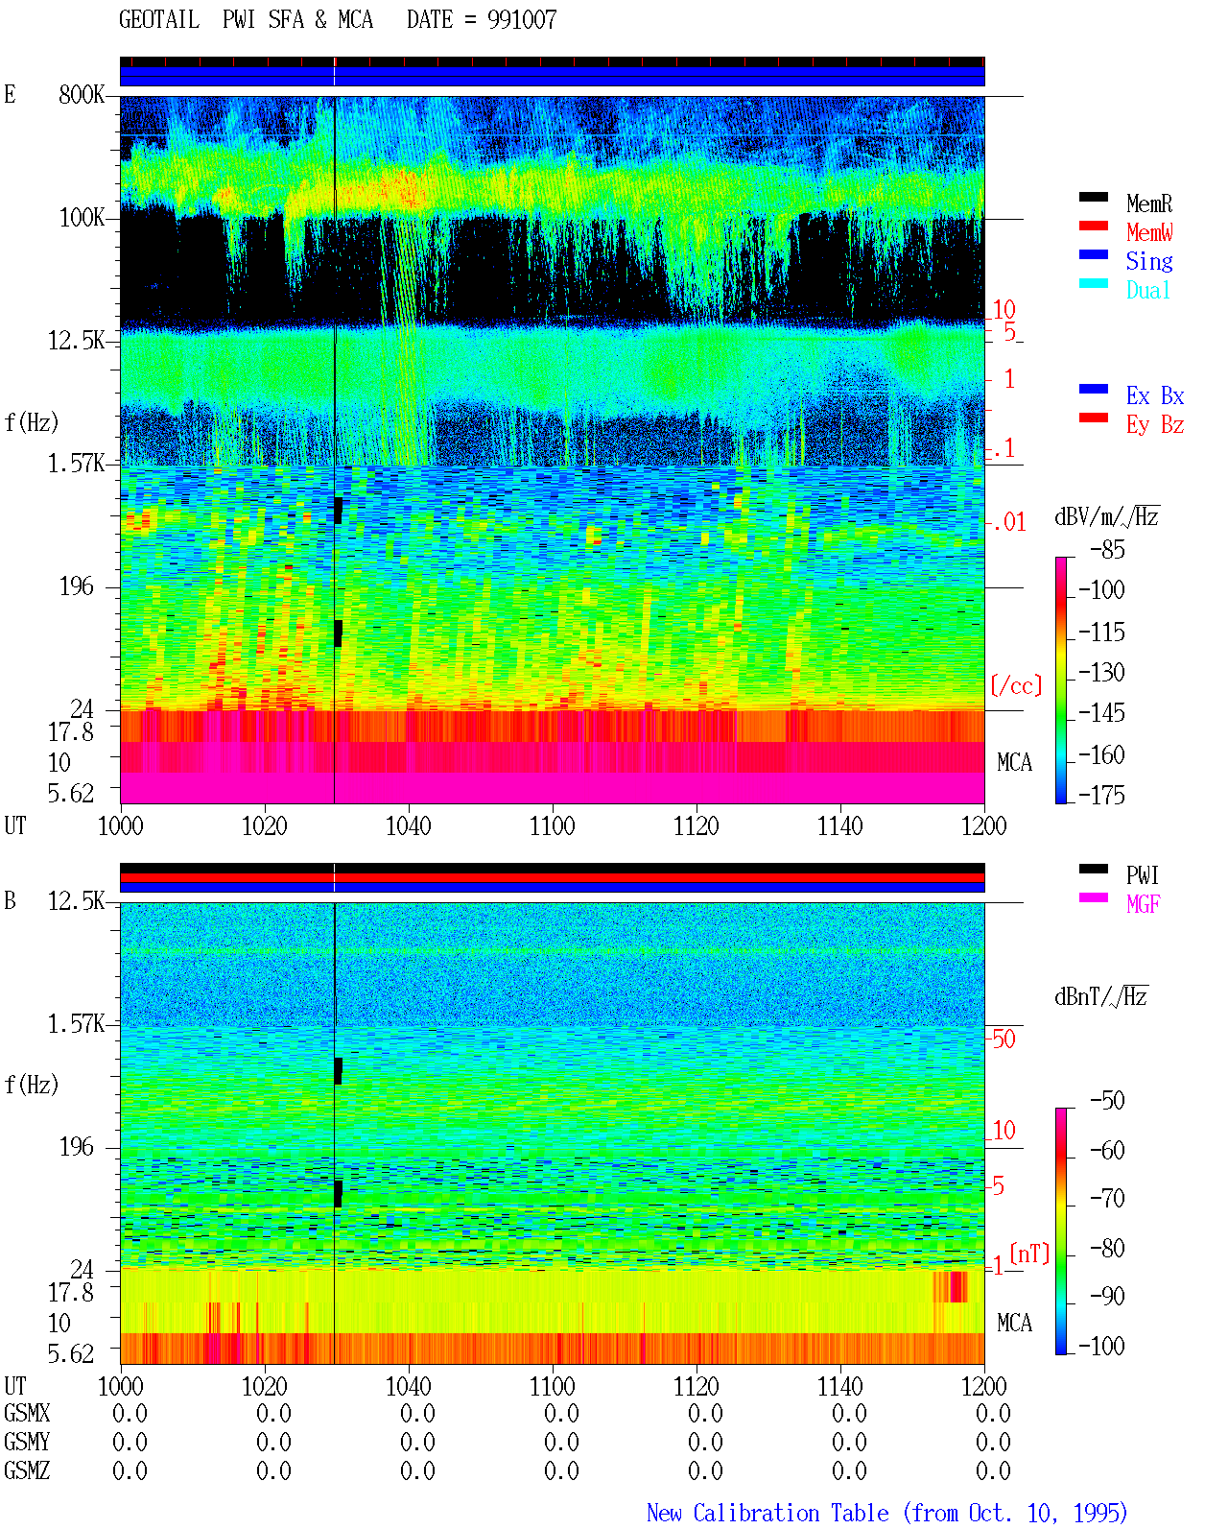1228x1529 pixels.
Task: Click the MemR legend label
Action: click(1148, 203)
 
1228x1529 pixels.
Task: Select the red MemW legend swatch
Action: click(1093, 226)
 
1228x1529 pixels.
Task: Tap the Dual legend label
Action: click(1147, 290)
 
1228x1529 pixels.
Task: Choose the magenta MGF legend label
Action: click(1143, 904)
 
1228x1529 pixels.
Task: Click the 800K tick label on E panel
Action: click(82, 94)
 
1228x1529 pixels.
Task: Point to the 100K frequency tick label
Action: click(82, 218)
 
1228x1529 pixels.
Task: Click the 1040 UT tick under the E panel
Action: click(409, 825)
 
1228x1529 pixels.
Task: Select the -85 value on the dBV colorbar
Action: click(1107, 549)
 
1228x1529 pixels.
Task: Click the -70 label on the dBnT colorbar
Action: click(1107, 1199)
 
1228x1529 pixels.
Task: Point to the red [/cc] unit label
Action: click(1016, 685)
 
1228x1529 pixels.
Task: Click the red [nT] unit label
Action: click(1029, 1253)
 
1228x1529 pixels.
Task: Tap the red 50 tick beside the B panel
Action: click(1004, 1039)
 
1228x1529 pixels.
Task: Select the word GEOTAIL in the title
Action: click(159, 20)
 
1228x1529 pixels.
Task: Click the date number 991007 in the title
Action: click(522, 20)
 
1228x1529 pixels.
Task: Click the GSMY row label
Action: click(27, 1442)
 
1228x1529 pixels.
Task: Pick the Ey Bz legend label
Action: click(1155, 425)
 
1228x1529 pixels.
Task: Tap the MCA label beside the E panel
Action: click(1014, 762)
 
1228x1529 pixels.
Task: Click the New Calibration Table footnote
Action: click(887, 1514)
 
